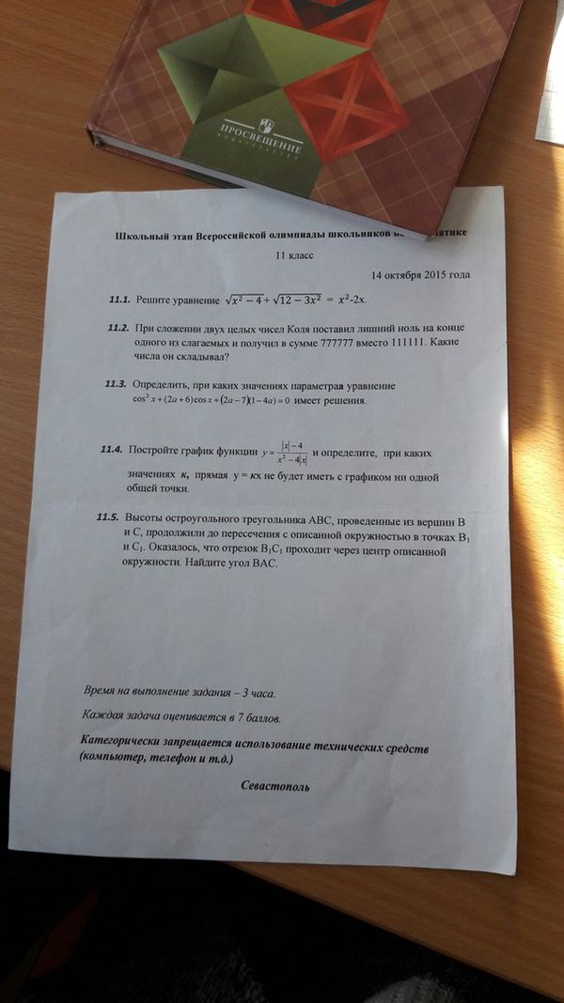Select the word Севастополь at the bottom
274,785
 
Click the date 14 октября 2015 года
420,276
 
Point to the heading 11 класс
293,255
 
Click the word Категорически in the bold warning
132,742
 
